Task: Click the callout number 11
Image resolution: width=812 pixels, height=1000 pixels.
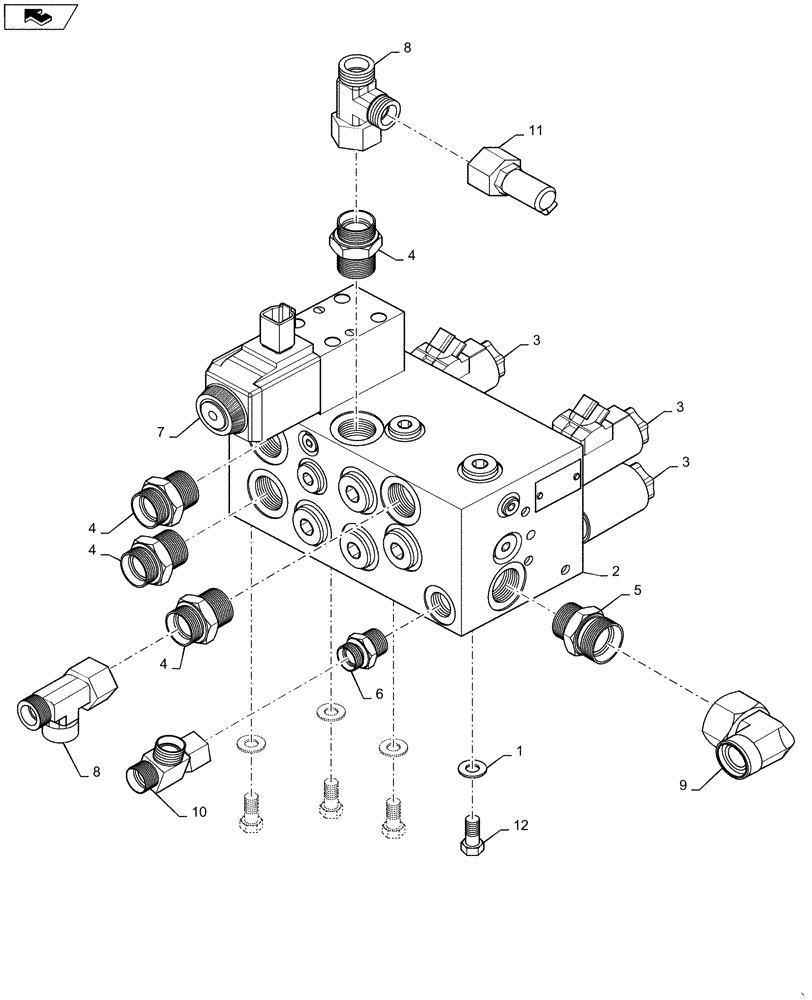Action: coord(535,130)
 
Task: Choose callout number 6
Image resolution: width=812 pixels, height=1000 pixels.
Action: coord(377,693)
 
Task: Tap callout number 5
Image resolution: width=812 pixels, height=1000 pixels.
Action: coord(636,591)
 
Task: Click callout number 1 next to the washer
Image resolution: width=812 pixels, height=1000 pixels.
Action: coord(518,750)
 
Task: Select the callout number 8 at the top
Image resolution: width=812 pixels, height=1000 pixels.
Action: coord(406,47)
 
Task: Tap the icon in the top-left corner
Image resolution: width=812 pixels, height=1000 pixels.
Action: coord(41,16)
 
